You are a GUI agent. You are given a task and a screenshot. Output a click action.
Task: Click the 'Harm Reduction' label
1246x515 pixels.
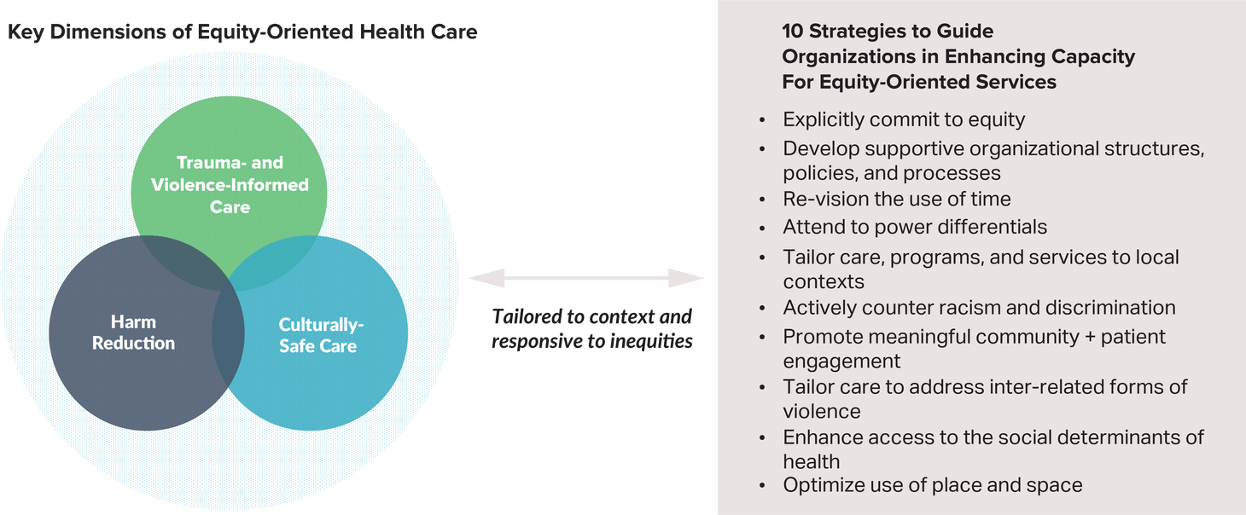pos(133,333)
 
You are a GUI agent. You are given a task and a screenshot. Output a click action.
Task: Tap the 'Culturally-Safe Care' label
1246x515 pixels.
pos(320,335)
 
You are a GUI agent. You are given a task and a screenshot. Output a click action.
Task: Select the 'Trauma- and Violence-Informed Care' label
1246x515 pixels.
pos(230,184)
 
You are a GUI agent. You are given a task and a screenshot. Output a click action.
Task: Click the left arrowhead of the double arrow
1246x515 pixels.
pos(487,278)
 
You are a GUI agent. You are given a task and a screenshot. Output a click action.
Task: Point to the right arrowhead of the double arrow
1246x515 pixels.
pos(686,278)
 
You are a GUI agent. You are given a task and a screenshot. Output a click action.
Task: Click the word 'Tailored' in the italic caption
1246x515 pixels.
pos(527,316)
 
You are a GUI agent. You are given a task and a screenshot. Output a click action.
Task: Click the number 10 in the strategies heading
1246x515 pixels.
pos(792,31)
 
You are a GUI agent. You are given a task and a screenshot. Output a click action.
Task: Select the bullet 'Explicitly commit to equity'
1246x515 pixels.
pos(904,119)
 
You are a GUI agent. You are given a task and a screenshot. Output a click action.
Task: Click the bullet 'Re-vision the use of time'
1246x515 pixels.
pos(897,199)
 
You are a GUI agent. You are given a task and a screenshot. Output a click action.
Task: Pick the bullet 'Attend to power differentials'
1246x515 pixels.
pos(915,227)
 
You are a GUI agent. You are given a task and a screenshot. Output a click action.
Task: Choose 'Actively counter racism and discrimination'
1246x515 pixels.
pos(980,308)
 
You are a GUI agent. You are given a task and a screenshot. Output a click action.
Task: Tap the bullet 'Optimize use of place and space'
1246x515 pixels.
pos(933,485)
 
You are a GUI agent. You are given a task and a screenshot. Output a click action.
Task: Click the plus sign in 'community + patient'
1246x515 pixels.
pos(1091,338)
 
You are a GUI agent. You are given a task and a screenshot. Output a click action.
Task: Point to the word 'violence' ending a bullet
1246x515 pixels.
pos(822,412)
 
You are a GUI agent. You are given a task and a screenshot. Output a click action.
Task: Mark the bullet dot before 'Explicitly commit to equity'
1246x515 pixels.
pos(762,120)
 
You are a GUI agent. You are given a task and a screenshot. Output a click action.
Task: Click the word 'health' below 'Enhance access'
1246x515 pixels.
pos(812,461)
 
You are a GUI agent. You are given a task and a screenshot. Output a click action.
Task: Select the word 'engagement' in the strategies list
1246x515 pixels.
pos(841,362)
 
